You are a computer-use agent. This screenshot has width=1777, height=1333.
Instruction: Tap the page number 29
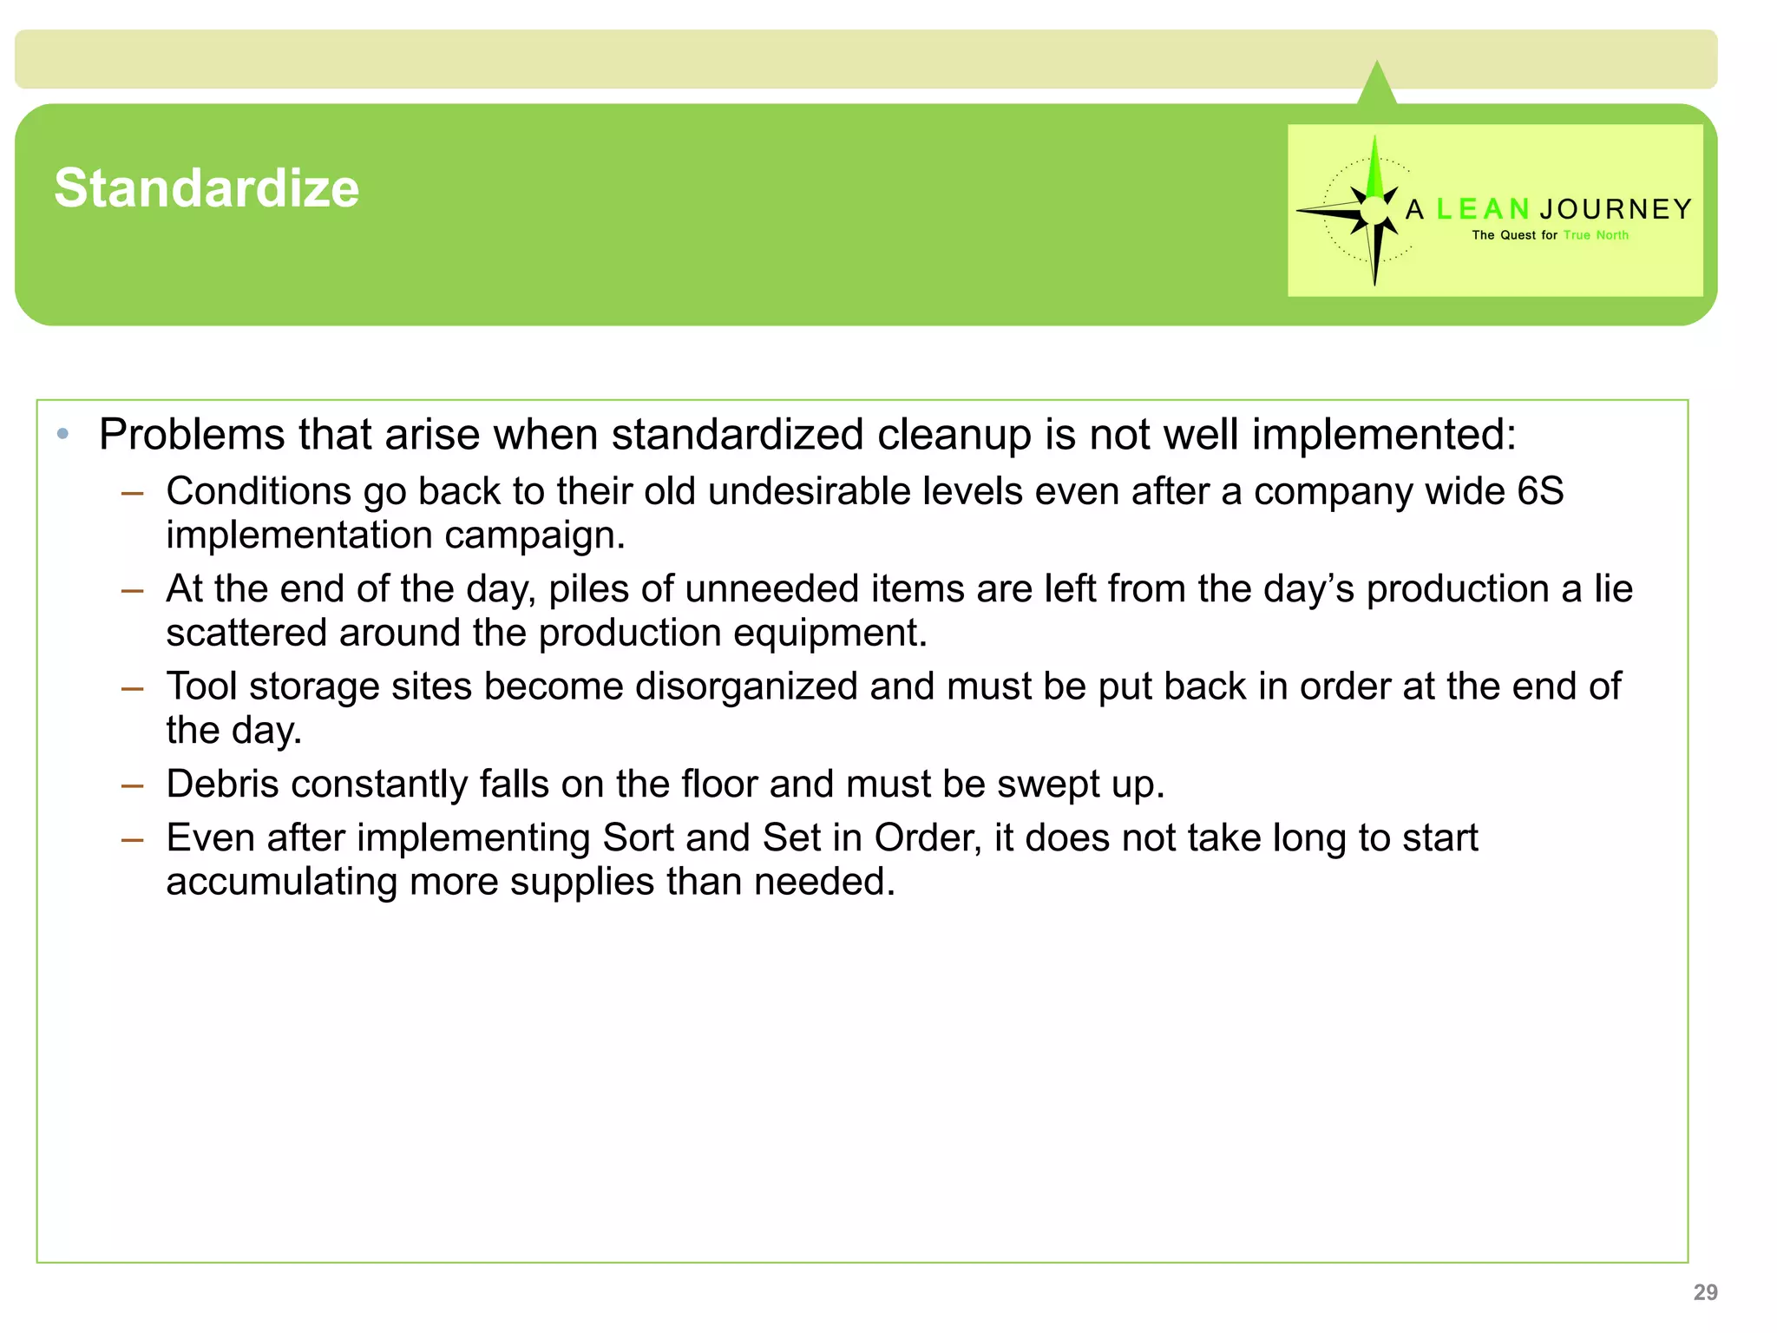pos(1705,1292)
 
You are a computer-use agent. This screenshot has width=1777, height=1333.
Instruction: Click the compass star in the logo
pos(1373,210)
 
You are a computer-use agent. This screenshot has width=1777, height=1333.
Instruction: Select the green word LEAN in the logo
pos(1483,209)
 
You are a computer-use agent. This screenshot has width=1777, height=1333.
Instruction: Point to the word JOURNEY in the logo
pos(1616,209)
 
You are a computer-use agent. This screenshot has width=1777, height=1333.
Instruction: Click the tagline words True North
pos(1596,235)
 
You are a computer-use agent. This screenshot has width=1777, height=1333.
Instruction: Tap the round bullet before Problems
pos(62,434)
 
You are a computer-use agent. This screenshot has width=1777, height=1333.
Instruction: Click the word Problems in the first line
pos(191,434)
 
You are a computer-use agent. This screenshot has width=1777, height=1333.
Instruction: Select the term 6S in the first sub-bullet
pos(1539,491)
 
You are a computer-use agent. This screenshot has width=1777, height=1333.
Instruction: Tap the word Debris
pos(227,785)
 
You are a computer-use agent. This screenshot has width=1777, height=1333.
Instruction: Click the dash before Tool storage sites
pos(132,689)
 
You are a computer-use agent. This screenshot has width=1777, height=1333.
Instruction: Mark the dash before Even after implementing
pos(132,840)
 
